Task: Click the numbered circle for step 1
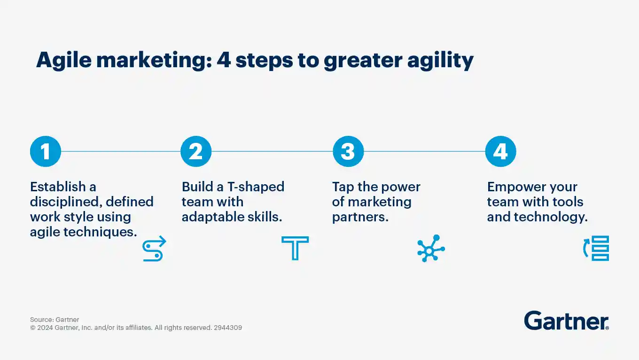point(46,151)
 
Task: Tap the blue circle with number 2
point(196,151)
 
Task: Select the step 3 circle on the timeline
point(348,151)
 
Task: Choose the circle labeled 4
point(501,151)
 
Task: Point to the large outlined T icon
point(295,248)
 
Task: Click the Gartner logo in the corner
point(566,321)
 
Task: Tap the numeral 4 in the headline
point(224,60)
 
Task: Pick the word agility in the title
point(440,61)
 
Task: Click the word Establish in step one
point(58,187)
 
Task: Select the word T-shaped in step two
point(256,188)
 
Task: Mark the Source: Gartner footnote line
point(55,320)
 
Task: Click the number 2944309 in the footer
point(228,328)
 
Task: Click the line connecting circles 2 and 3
point(272,151)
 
